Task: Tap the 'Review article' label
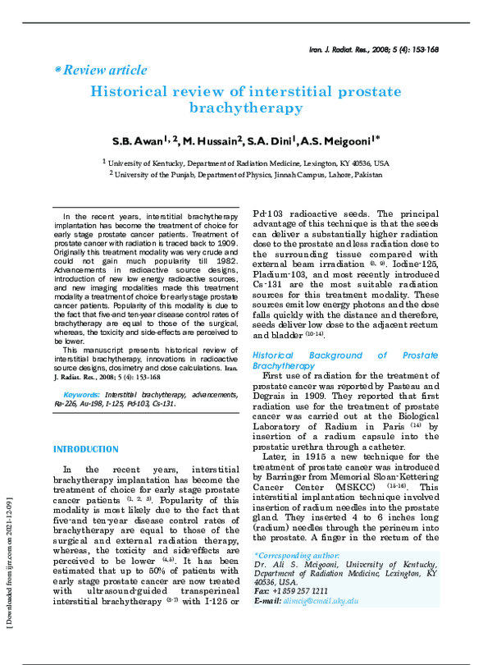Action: tap(104, 71)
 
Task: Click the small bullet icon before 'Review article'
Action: tap(57, 71)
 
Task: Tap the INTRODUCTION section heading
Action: tap(85, 450)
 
